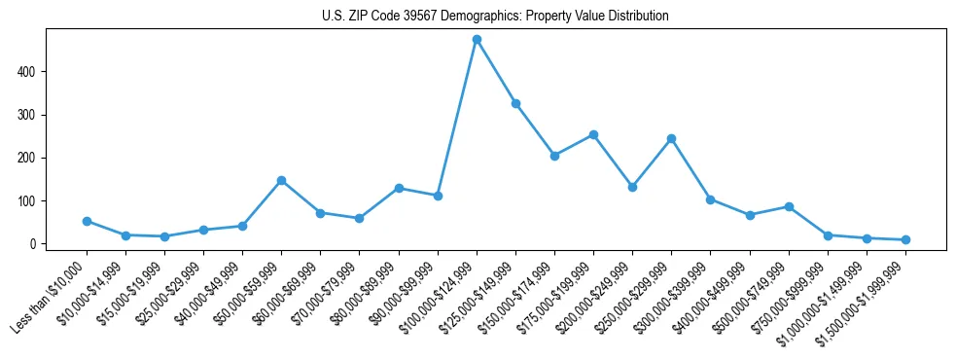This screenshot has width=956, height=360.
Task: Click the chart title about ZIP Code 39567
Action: pyautogui.click(x=495, y=17)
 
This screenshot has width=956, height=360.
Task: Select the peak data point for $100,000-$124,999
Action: pyautogui.click(x=477, y=40)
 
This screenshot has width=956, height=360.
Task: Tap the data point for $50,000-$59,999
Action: pyautogui.click(x=281, y=180)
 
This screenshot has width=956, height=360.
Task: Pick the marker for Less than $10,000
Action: pyautogui.click(x=87, y=221)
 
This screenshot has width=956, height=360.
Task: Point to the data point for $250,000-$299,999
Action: pyautogui.click(x=671, y=138)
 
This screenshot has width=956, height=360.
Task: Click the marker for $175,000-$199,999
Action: pyautogui.click(x=593, y=134)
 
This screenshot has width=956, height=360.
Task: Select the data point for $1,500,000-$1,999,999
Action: pyautogui.click(x=905, y=239)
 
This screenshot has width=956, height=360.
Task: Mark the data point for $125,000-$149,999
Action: pyautogui.click(x=515, y=103)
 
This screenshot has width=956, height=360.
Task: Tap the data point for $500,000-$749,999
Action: pyautogui.click(x=789, y=206)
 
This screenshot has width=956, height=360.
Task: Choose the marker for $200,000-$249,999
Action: pyautogui.click(x=632, y=187)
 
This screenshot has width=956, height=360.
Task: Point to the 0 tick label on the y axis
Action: pyautogui.click(x=33, y=244)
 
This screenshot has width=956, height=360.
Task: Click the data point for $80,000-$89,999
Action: pyautogui.click(x=399, y=188)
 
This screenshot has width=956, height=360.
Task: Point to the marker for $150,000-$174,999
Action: pyautogui.click(x=554, y=156)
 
